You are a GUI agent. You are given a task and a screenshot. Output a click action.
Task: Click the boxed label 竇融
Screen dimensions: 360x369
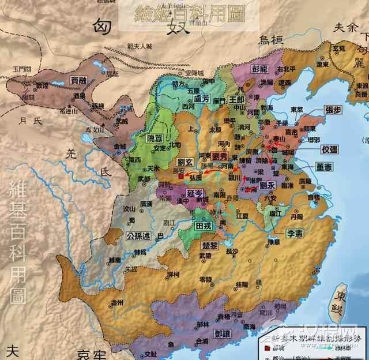78,81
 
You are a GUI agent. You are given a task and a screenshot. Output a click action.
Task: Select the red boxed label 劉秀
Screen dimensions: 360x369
221,157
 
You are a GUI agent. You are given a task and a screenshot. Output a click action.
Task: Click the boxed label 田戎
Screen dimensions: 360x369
204,226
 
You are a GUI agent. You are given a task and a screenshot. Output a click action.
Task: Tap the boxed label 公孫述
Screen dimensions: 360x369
138,237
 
